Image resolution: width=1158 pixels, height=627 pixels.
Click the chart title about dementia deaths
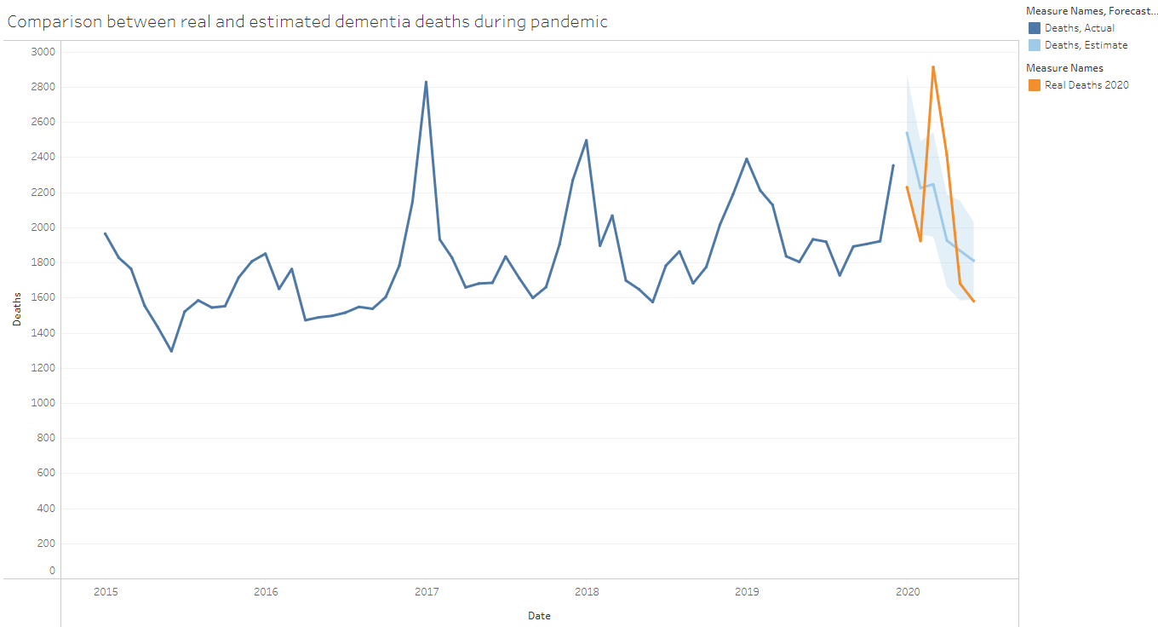point(307,22)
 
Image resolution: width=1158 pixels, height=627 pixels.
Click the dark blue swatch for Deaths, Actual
point(1034,28)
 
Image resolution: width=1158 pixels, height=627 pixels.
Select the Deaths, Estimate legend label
point(1086,45)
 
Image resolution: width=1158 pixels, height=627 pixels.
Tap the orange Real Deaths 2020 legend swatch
point(1034,85)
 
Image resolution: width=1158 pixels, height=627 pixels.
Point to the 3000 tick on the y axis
point(43,52)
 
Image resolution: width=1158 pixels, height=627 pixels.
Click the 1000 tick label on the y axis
point(43,403)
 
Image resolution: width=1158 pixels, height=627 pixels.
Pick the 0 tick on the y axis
point(52,571)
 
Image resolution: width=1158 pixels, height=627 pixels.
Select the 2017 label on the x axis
point(426,591)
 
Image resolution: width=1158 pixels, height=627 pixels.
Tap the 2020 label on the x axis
point(907,591)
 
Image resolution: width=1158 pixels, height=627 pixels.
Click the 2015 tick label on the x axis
point(106,591)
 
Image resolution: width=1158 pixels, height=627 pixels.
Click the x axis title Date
point(539,616)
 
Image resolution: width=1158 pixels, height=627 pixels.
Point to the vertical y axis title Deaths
point(17,311)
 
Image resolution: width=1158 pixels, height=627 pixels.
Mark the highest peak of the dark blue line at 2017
point(426,82)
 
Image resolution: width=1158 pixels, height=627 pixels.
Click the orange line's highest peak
point(933,66)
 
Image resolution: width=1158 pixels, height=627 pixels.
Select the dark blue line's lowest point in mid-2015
point(171,351)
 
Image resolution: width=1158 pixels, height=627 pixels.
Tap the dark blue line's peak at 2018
point(586,140)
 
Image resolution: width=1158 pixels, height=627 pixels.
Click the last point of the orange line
point(973,301)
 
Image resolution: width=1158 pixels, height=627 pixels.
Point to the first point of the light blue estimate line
point(907,132)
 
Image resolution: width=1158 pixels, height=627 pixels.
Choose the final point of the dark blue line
point(893,165)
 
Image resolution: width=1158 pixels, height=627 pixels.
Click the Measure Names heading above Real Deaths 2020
point(1064,68)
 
